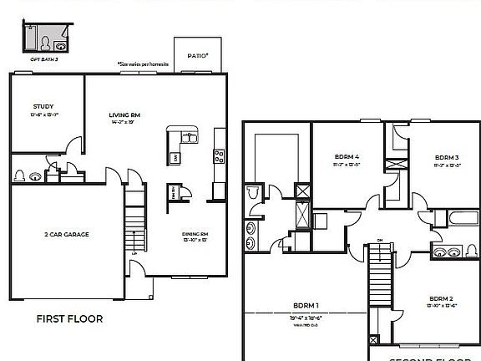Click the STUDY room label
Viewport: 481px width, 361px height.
[43, 107]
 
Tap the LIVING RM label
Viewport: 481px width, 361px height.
[124, 115]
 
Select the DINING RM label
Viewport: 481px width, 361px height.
[194, 234]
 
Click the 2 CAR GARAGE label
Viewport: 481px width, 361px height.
[66, 234]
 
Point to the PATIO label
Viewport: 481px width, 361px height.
[197, 56]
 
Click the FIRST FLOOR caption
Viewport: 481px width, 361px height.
[69, 318]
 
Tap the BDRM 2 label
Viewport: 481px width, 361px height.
[441, 298]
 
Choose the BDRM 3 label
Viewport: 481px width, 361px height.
[446, 157]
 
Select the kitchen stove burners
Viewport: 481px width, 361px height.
[219, 154]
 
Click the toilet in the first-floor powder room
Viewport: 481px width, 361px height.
[20, 176]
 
